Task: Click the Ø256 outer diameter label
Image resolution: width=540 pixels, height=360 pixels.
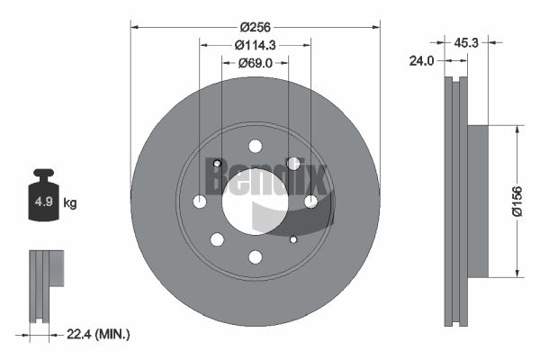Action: [x=256, y=27]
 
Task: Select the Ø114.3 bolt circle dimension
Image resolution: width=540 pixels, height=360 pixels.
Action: [x=256, y=45]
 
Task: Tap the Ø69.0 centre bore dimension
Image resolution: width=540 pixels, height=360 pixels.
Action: [x=256, y=63]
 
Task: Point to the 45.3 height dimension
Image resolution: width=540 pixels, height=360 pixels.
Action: [x=466, y=42]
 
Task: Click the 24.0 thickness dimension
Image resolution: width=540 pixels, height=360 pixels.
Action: [x=421, y=61]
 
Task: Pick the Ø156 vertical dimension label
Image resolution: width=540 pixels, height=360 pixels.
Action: [x=517, y=202]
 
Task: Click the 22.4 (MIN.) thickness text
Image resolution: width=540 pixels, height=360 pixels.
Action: [x=98, y=334]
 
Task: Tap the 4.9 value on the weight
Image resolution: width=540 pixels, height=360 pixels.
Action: [x=44, y=202]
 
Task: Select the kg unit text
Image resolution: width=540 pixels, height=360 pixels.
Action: [x=70, y=203]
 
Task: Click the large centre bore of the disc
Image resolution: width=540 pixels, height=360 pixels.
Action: [x=256, y=202]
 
